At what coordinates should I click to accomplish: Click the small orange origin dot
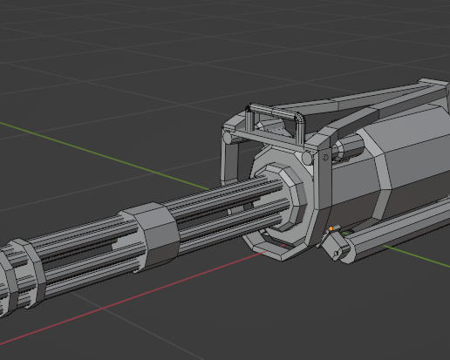331,228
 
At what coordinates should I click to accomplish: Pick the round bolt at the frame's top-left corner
227,137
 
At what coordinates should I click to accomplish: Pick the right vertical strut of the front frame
324,196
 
